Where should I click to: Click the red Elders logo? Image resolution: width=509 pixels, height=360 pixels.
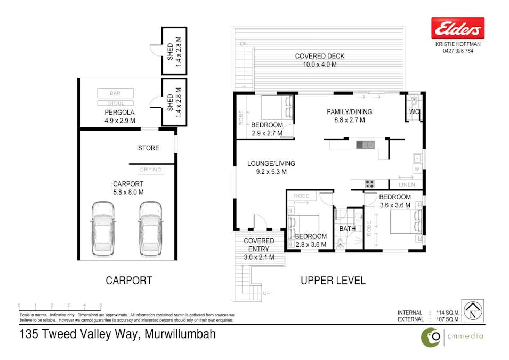457,28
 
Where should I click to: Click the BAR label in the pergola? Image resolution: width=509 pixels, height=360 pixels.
115,93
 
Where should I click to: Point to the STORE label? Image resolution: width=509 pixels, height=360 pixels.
148,148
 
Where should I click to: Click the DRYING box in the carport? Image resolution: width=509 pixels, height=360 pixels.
150,170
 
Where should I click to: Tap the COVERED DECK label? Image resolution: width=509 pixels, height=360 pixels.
320,56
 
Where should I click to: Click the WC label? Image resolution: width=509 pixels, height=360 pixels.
415,113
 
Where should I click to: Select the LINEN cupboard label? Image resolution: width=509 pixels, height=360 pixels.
407,185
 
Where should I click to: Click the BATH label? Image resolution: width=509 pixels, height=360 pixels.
348,229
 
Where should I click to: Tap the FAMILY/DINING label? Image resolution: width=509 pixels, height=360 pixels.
349,112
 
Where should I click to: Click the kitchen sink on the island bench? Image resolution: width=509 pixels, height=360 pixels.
365,145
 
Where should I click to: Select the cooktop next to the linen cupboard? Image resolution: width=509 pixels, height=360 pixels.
369,185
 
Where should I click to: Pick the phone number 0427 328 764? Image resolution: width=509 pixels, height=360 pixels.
457,51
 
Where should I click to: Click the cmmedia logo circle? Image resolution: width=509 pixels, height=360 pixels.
430,337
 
